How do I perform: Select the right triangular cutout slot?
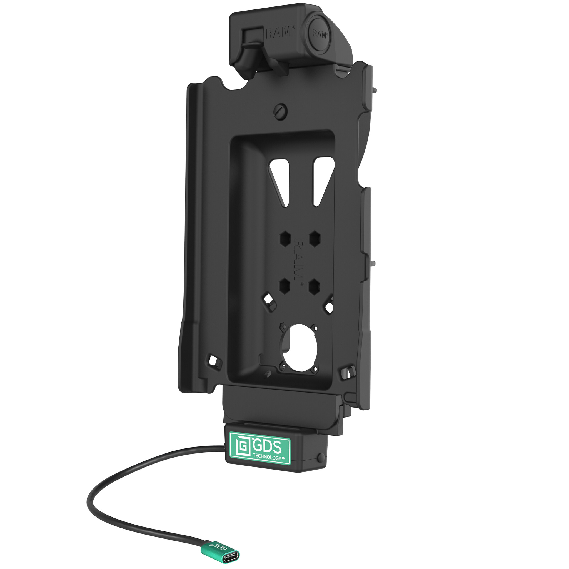[322, 180]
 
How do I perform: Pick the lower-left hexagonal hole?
[284, 285]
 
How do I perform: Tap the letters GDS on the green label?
[267, 448]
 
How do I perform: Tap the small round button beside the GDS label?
[321, 457]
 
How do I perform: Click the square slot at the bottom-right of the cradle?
[345, 373]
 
